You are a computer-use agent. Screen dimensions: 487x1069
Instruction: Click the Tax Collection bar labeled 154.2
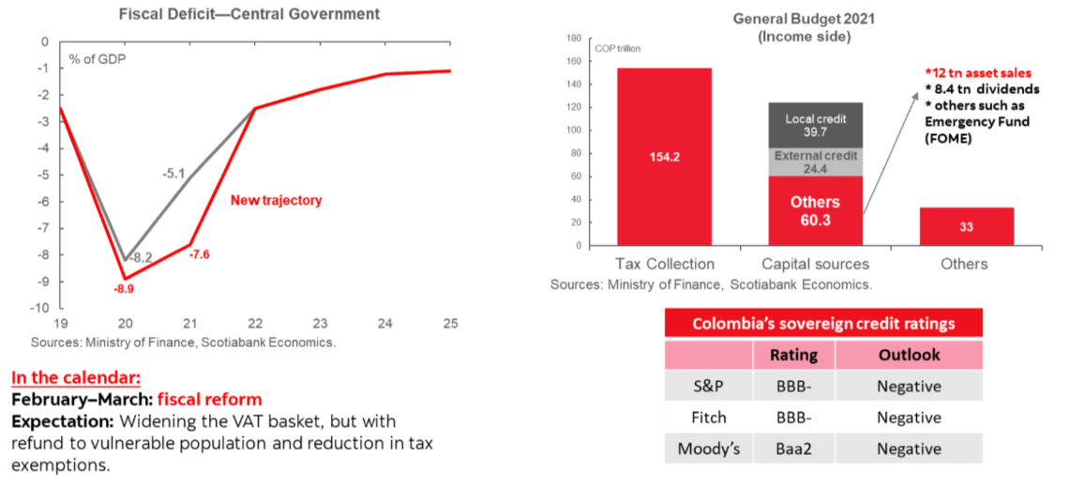[664, 156]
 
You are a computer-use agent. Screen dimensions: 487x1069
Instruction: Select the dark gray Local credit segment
[815, 125]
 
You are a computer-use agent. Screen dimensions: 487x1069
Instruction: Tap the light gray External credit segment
[815, 162]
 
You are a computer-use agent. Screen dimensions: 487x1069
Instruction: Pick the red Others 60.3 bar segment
[815, 211]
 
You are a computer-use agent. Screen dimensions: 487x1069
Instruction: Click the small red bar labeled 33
[966, 226]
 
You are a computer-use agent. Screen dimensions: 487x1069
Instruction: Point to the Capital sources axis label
[815, 264]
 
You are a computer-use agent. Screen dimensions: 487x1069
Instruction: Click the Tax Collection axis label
[664, 264]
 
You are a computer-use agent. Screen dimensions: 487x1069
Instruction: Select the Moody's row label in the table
[709, 449]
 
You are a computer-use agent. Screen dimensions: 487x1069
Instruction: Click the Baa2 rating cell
[793, 449]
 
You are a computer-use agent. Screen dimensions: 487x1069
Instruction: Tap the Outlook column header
[909, 355]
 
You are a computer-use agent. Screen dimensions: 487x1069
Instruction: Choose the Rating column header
[793, 355]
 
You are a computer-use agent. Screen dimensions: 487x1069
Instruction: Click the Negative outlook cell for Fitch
[909, 418]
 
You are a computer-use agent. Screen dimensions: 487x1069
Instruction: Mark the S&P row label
[709, 386]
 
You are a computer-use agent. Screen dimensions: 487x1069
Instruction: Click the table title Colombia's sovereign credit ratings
[823, 324]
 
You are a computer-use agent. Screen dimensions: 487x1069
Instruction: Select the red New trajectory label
[277, 201]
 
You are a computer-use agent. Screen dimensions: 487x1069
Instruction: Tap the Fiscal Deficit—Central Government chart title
[248, 15]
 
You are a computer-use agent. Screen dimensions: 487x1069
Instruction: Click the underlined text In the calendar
[76, 378]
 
